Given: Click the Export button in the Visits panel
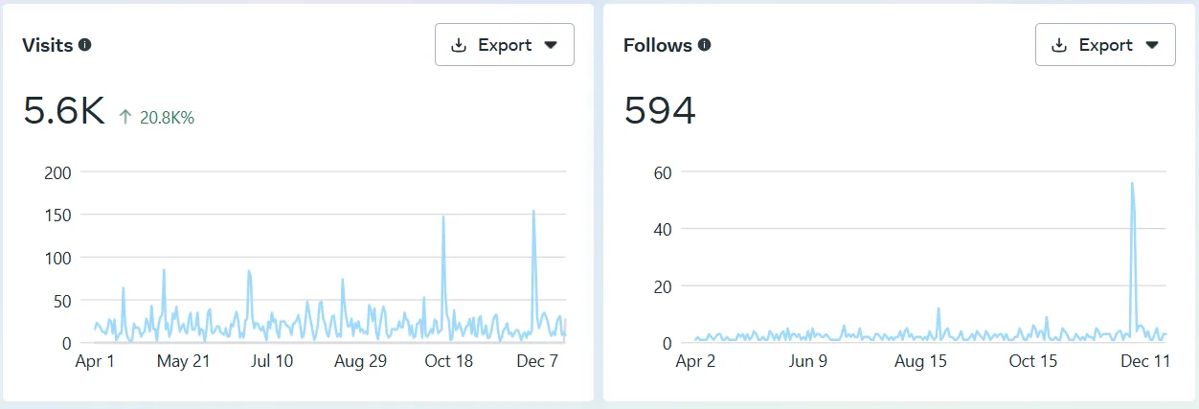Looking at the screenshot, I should click(x=504, y=45).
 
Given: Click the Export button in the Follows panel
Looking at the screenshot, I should click(x=1104, y=45).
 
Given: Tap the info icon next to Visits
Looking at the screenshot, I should click(x=85, y=45).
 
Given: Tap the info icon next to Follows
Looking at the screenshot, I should click(x=705, y=45).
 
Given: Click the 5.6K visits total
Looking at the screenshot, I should click(x=63, y=112).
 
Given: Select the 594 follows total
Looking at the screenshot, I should click(x=660, y=112).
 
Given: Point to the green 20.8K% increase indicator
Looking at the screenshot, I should click(x=157, y=118).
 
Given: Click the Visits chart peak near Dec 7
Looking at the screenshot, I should click(x=533, y=213).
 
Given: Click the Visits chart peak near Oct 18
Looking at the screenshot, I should click(x=443, y=217).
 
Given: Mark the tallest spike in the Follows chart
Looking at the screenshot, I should click(x=1132, y=184).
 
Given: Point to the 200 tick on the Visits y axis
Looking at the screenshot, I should click(x=58, y=172).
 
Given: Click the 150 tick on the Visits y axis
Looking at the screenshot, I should click(x=58, y=215).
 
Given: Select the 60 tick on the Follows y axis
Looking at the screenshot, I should click(x=660, y=172).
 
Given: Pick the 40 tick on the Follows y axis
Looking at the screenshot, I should click(x=660, y=229).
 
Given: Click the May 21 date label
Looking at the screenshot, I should click(x=185, y=361).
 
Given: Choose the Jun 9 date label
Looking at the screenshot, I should click(x=808, y=361).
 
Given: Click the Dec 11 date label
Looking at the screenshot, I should click(x=1145, y=361).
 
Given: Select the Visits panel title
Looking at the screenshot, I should click(x=48, y=45).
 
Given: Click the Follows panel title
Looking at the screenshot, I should click(x=658, y=45).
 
